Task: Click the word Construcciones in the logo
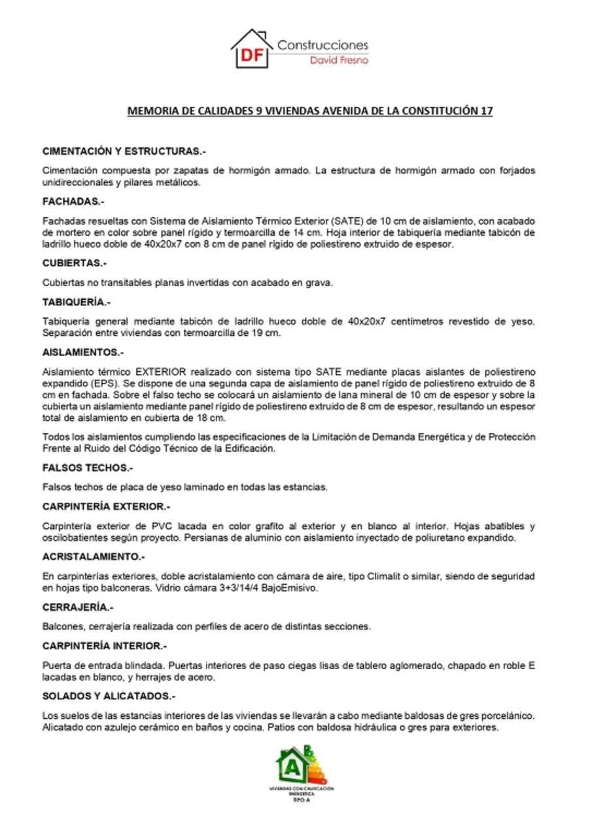click(322, 45)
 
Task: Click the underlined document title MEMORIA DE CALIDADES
click(309, 111)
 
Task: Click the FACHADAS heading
click(73, 202)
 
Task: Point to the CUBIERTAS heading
click(74, 263)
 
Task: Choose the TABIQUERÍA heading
click(76, 302)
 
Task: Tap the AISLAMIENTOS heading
click(82, 352)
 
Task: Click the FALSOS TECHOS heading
click(87, 468)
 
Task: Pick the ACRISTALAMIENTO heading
click(93, 556)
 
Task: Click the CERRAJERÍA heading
click(78, 607)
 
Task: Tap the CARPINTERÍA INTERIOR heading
click(105, 646)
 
